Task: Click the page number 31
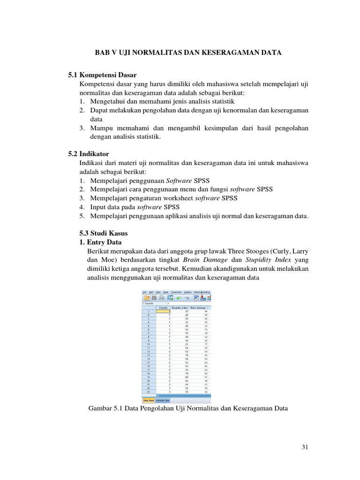[x=305, y=447]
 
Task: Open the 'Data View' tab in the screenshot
[x=149, y=400]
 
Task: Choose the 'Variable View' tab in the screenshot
[x=164, y=400]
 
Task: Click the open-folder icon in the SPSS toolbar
[x=146, y=298]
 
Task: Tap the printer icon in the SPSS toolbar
[x=161, y=298]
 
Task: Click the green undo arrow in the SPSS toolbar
[x=179, y=298]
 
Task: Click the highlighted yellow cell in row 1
[x=164, y=311]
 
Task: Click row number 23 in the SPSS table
[x=149, y=392]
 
